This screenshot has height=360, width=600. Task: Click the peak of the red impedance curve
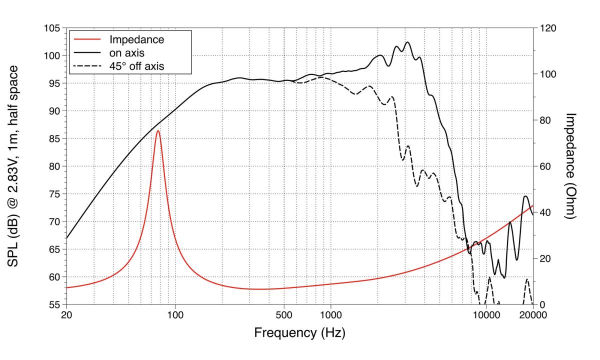(x=158, y=130)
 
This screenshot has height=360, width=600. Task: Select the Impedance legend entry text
(x=136, y=39)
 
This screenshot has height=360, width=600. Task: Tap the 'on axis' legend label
(x=126, y=53)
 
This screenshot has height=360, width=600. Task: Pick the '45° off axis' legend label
(x=136, y=66)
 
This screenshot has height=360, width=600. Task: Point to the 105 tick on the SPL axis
(x=52, y=28)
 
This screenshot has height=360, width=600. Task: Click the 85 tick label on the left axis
(x=55, y=139)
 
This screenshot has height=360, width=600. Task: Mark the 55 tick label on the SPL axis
(x=55, y=305)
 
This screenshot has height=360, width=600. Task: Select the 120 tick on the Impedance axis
(x=548, y=28)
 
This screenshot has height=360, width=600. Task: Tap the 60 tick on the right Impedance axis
(x=545, y=166)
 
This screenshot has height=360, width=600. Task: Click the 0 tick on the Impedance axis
(x=542, y=305)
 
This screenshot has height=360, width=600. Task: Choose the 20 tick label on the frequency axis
(x=66, y=315)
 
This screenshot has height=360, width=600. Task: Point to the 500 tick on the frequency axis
(x=284, y=315)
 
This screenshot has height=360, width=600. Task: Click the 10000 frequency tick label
(x=486, y=315)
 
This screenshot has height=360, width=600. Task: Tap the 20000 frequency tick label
(x=533, y=315)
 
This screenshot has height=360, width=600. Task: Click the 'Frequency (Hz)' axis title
(x=299, y=333)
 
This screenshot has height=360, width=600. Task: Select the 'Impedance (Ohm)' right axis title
(x=570, y=166)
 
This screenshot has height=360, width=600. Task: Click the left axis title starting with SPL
(x=12, y=166)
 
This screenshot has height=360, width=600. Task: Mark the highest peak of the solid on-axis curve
(x=407, y=42)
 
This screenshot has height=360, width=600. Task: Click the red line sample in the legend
(x=87, y=39)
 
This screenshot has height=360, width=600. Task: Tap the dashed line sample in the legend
(x=87, y=66)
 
